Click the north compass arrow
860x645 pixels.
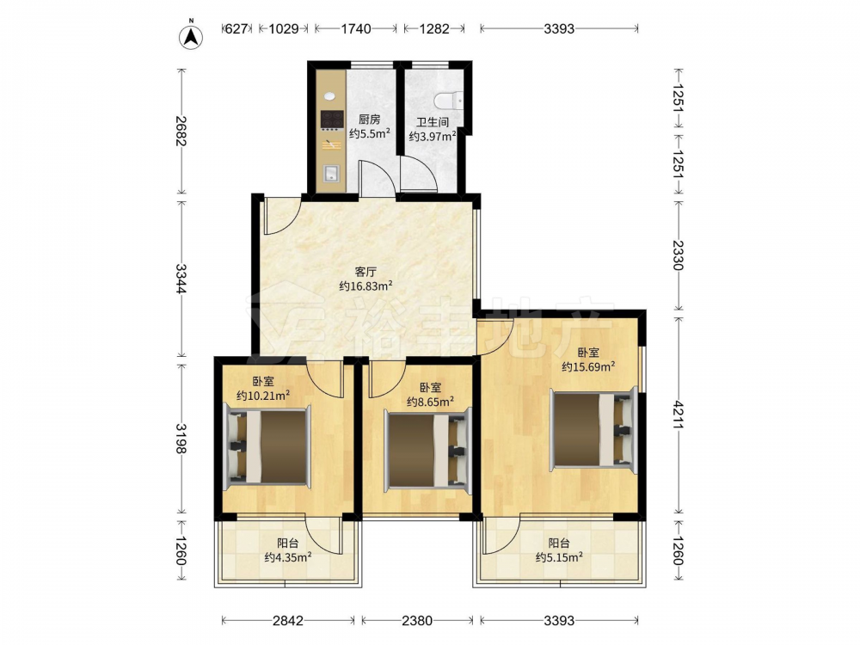192,36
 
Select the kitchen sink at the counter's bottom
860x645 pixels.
332,174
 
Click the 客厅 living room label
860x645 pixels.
365,272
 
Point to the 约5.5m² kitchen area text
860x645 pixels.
370,133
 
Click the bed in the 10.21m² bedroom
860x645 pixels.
267,446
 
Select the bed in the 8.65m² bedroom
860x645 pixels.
427,449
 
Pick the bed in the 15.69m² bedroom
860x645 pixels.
594,427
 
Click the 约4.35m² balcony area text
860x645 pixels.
288,558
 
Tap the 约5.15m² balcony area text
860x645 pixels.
559,558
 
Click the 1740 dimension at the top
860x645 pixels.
357,28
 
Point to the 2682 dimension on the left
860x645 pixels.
181,131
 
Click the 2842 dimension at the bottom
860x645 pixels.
288,620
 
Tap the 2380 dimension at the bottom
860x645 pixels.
417,620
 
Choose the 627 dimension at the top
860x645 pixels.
236,28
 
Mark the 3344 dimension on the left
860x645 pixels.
181,278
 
